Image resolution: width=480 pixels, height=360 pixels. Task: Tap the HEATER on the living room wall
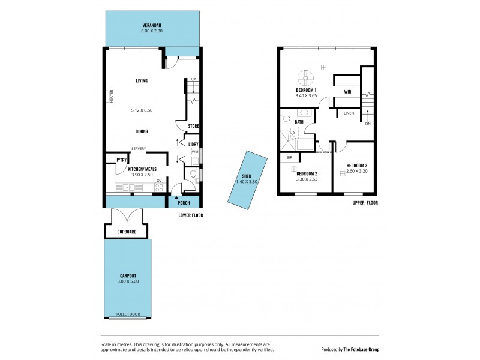pos(111,96)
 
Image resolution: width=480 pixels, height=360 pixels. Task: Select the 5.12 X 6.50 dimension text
pos(142,110)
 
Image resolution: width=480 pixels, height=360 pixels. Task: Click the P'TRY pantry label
pos(121,160)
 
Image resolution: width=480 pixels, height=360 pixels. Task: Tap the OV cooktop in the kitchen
pos(159,186)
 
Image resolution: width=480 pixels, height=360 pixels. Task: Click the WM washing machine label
pos(195,152)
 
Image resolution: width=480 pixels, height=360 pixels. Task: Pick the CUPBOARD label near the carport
pos(127,231)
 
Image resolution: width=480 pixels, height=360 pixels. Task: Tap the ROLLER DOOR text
pos(127,314)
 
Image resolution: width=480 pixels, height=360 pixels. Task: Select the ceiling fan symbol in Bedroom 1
pos(306,76)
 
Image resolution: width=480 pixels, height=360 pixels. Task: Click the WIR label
pos(347,92)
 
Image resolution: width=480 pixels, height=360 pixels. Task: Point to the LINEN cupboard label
pos(349,113)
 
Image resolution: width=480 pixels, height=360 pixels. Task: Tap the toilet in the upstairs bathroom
pos(286,118)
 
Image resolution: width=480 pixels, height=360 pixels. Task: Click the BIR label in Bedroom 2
pos(289,157)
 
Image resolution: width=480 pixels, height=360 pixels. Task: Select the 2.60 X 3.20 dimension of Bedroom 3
pos(357,171)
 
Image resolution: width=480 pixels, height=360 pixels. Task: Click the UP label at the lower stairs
pos(193,80)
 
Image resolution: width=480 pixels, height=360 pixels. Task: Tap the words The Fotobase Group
pos(362,349)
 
